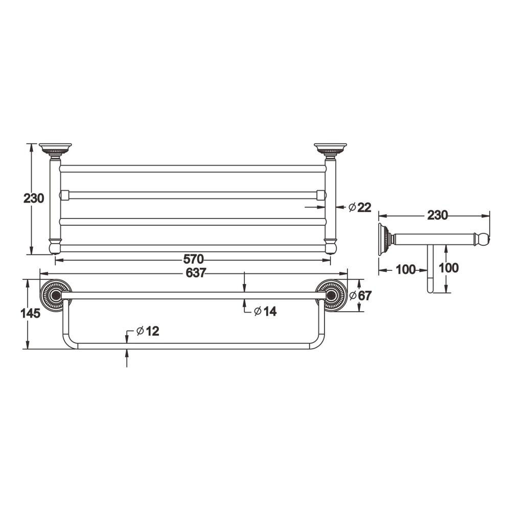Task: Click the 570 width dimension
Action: click(x=193, y=260)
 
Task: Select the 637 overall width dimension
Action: click(x=196, y=273)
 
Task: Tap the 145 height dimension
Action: click(x=30, y=313)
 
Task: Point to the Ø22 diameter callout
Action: click(x=360, y=207)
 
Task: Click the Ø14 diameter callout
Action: click(x=265, y=312)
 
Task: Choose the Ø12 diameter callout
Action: click(x=148, y=331)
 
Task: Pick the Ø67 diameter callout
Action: click(x=360, y=295)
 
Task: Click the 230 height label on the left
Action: click(x=34, y=198)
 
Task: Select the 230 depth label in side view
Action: click(x=437, y=215)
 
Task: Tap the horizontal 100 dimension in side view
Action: click(x=406, y=269)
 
